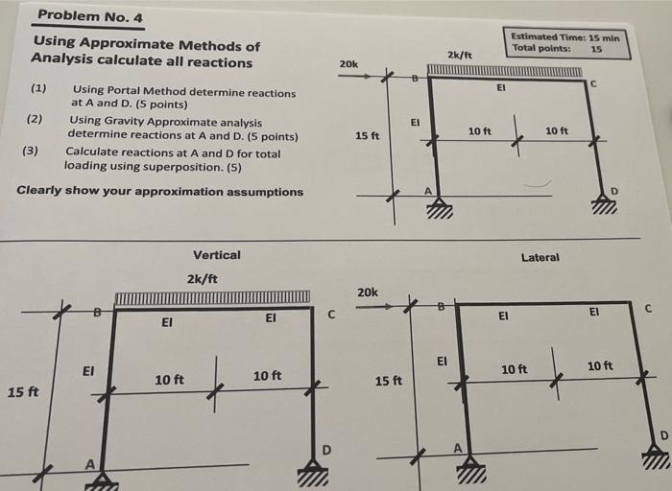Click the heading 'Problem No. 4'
pyautogui.click(x=89, y=15)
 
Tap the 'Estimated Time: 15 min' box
pyautogui.click(x=570, y=42)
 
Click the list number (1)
pyautogui.click(x=38, y=89)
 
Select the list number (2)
pyautogui.click(x=35, y=119)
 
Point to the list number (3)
pyautogui.click(x=31, y=151)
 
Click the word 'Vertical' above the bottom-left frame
pyautogui.click(x=216, y=255)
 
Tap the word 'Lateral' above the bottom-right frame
pyautogui.click(x=540, y=257)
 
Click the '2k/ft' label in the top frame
pyautogui.click(x=460, y=56)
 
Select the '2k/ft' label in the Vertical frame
pyautogui.click(x=202, y=279)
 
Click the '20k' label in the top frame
pyautogui.click(x=348, y=64)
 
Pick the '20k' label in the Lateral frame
pyautogui.click(x=367, y=292)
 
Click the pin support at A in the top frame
pyautogui.click(x=439, y=207)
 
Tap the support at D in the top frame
pyautogui.click(x=603, y=203)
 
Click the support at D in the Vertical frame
pyautogui.click(x=311, y=471)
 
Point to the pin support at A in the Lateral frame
pyautogui.click(x=470, y=469)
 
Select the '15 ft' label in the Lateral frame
pyautogui.click(x=389, y=381)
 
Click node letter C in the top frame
pyautogui.click(x=593, y=84)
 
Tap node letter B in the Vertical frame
pyautogui.click(x=96, y=310)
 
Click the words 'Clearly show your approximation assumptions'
pyautogui.click(x=160, y=191)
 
